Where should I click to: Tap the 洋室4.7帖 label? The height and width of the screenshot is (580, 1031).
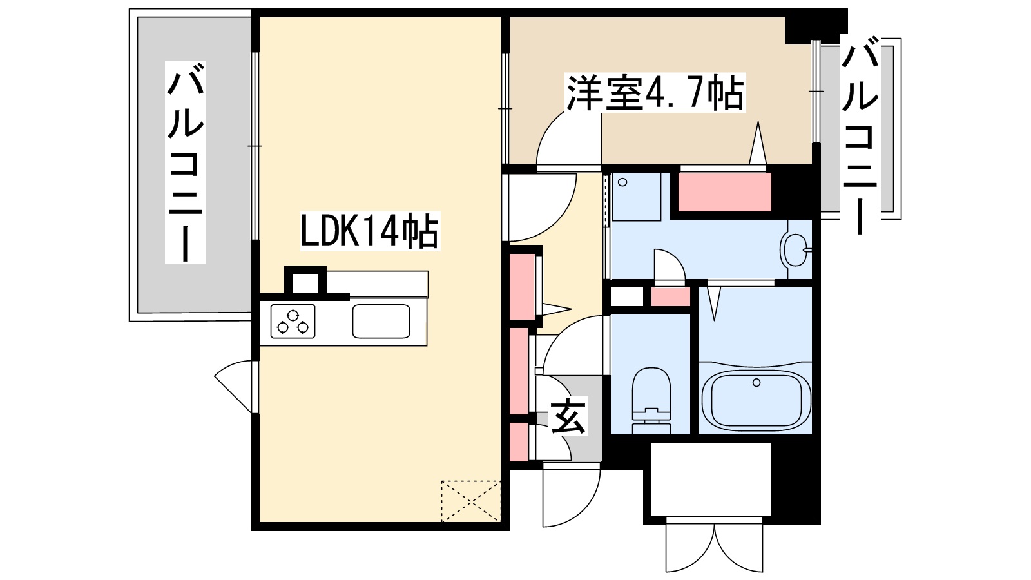655,94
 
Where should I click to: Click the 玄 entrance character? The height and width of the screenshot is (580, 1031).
568,417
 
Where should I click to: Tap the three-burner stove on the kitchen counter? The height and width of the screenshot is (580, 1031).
293,321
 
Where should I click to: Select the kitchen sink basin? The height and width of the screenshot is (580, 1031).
381,321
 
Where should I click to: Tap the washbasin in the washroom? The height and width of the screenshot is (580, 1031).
795,249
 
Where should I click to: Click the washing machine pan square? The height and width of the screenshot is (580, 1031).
635,196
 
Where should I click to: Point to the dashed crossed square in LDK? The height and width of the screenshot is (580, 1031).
470,501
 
